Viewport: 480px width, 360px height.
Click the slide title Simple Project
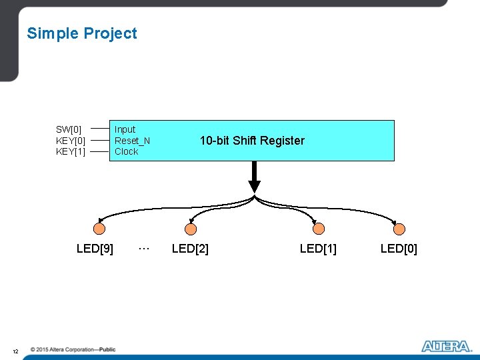(81, 33)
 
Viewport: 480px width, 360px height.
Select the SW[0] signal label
(69, 129)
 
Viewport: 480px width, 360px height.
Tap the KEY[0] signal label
(71, 141)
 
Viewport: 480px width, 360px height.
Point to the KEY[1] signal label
(71, 151)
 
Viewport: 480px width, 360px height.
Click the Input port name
(125, 129)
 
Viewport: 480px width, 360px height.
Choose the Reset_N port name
(132, 141)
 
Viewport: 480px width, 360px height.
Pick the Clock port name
(126, 151)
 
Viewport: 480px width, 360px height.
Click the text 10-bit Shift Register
(252, 141)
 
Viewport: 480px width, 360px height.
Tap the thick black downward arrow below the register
(254, 177)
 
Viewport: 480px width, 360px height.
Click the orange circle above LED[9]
(99, 229)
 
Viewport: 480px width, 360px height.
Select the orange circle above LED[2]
(191, 229)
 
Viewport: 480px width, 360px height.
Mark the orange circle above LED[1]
(319, 229)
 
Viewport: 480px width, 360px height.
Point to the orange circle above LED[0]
(399, 229)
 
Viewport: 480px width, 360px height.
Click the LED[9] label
(95, 249)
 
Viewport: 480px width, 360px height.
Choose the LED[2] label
(190, 249)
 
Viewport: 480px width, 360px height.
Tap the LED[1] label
(318, 249)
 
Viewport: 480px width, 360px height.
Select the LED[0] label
(399, 249)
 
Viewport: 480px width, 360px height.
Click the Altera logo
(446, 346)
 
